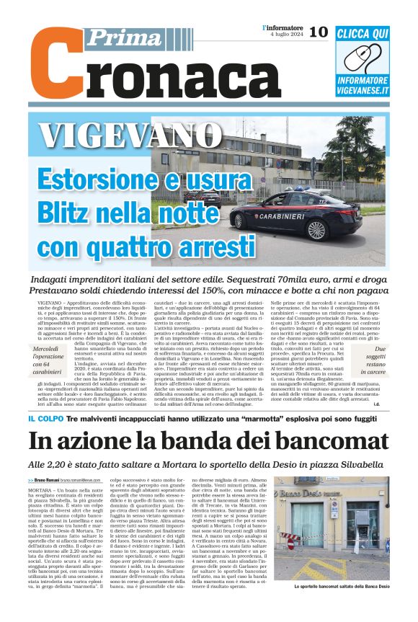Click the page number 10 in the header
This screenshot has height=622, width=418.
coord(319,32)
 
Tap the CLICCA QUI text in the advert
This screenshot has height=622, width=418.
coord(363,33)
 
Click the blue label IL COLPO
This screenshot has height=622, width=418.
coord(46,419)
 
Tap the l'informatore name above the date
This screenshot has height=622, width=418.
coord(283,27)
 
